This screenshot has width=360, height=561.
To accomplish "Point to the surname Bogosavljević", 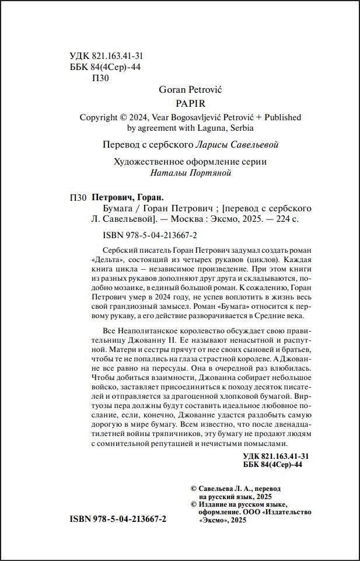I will (x=213, y=117).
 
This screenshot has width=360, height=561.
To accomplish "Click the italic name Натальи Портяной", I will (x=190, y=173).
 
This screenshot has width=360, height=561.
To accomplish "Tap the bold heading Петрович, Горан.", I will (x=129, y=197).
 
